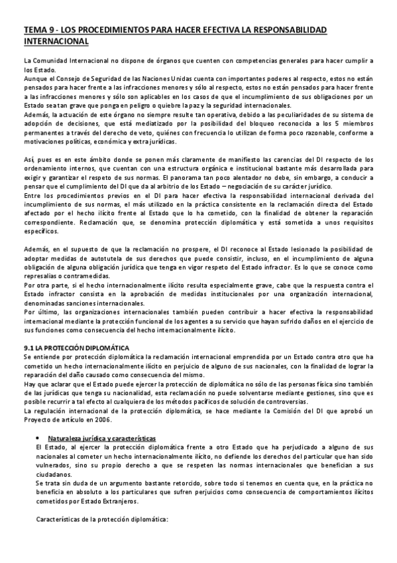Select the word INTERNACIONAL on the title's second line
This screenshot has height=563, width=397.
click(56, 41)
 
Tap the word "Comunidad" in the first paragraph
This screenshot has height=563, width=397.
click(49, 61)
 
